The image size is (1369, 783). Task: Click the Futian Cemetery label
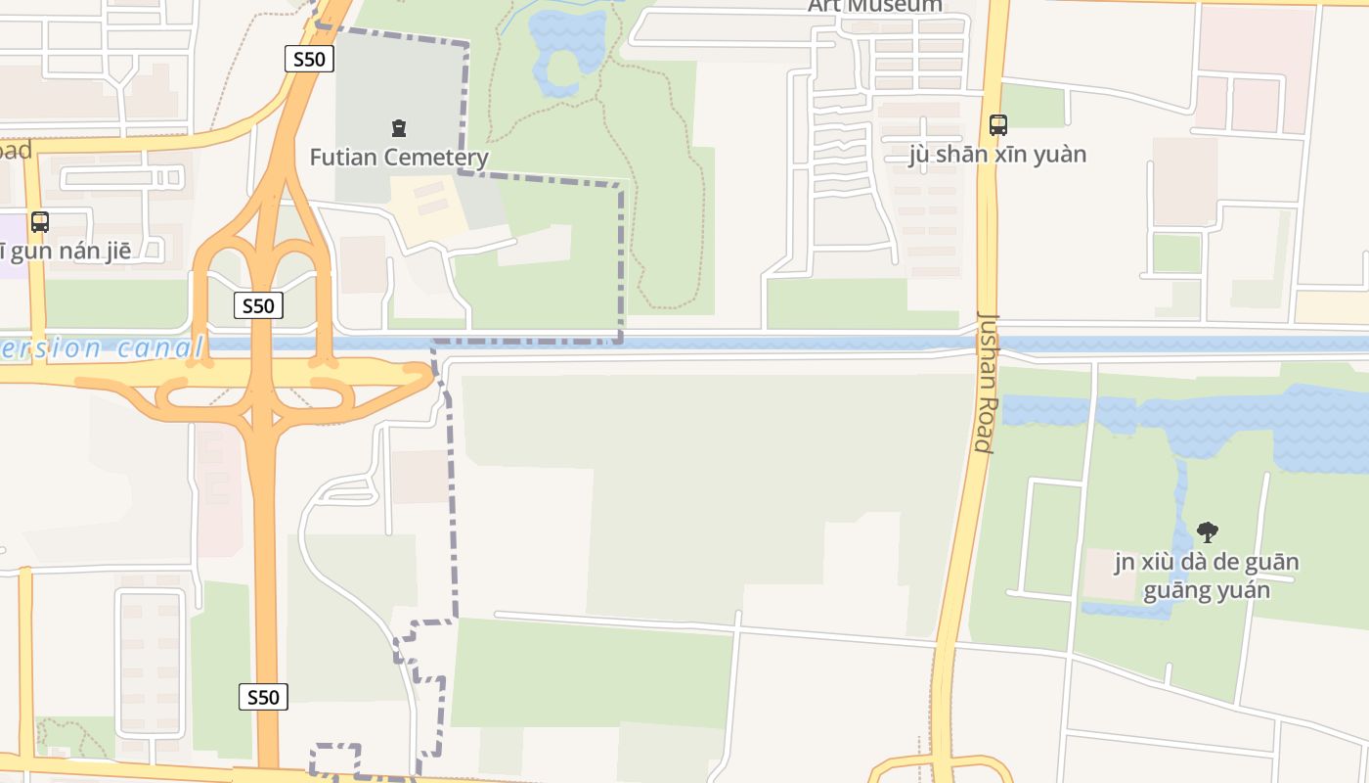coord(399,157)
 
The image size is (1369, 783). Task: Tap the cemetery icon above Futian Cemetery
coord(399,127)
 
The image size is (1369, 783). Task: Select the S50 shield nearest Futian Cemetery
coord(309,59)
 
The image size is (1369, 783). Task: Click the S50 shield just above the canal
coord(259,306)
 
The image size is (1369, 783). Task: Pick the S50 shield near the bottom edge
coord(263,697)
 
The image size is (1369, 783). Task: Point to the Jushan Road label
coord(986,382)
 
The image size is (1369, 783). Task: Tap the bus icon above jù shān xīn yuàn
coord(997,125)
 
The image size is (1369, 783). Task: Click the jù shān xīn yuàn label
coord(997,155)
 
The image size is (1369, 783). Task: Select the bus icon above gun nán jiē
coord(39,222)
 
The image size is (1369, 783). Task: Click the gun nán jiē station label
coord(78,252)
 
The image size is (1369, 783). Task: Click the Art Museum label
coord(875,6)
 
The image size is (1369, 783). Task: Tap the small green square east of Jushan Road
coord(1175,253)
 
